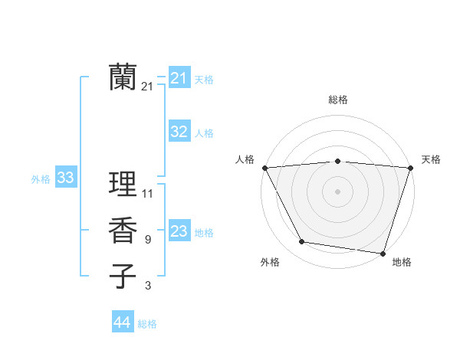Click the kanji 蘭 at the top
123,77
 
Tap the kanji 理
123,184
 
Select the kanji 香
123,231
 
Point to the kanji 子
123,277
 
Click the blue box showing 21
179,78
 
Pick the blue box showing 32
179,132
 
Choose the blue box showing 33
66,178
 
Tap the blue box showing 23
179,231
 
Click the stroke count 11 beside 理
148,193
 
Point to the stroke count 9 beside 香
148,240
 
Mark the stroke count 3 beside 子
148,286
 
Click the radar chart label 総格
338,100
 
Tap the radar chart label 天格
432,159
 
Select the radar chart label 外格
270,262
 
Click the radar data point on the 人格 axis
264,167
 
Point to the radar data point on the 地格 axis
383,253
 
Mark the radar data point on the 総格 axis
337,161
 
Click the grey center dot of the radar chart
337,191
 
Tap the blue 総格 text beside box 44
147,324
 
